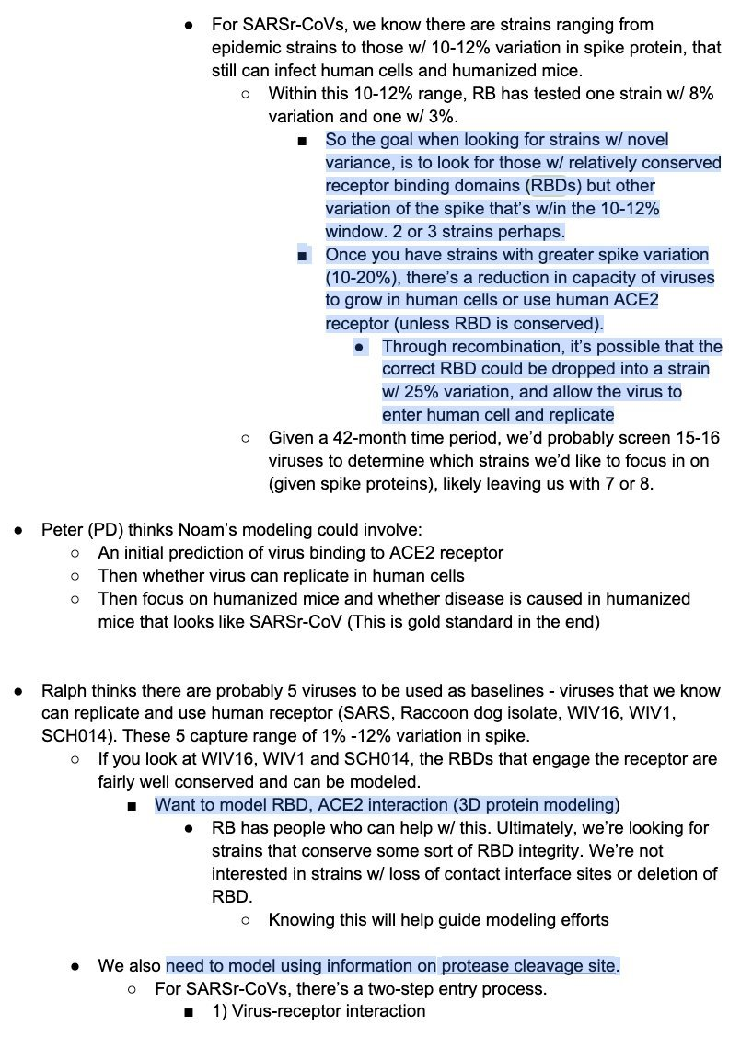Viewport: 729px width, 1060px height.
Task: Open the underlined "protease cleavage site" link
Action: tap(527, 966)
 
